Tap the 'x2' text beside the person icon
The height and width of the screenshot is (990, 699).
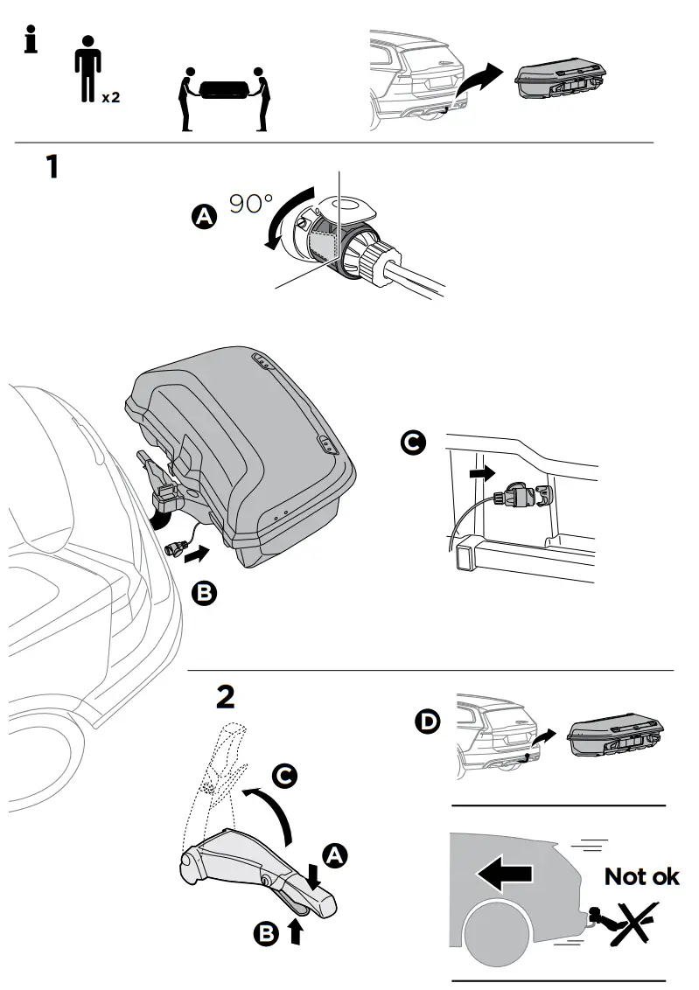coord(110,97)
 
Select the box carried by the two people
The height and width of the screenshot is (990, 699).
coord(222,90)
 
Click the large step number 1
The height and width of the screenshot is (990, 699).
coord(52,165)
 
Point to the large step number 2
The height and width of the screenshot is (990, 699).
coord(225,696)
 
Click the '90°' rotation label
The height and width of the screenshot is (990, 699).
coord(251,204)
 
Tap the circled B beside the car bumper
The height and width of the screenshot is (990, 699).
coord(203,595)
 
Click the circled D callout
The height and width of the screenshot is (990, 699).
coord(427,722)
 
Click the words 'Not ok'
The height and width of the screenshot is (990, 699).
coord(642,876)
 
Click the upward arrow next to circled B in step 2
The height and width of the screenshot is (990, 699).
coord(295,931)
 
